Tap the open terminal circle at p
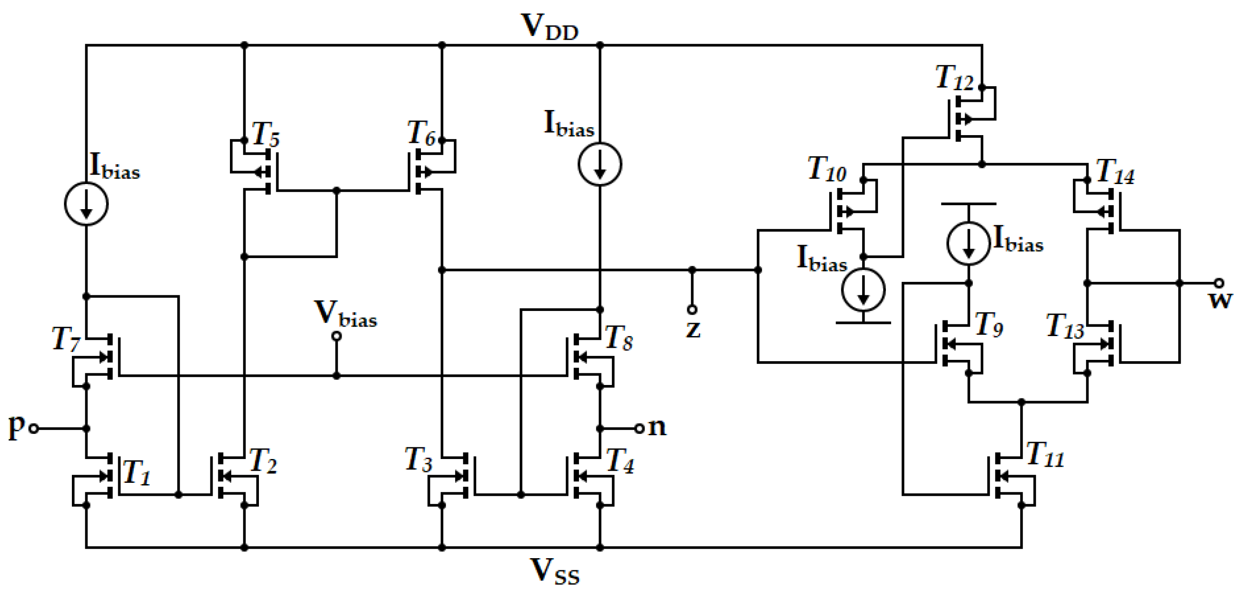click(x=34, y=428)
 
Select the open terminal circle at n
click(x=640, y=428)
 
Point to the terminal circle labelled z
click(x=692, y=309)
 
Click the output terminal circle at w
click(x=1219, y=283)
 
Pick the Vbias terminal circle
click(x=336, y=336)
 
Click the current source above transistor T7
click(x=86, y=204)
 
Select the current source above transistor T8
click(x=600, y=164)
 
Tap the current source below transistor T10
click(x=863, y=290)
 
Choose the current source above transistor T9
click(x=969, y=243)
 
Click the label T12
click(x=953, y=78)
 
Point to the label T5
click(x=265, y=134)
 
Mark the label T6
click(x=421, y=133)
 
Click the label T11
click(x=1045, y=455)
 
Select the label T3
click(x=418, y=459)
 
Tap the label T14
click(x=1115, y=172)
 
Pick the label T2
click(x=263, y=460)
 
